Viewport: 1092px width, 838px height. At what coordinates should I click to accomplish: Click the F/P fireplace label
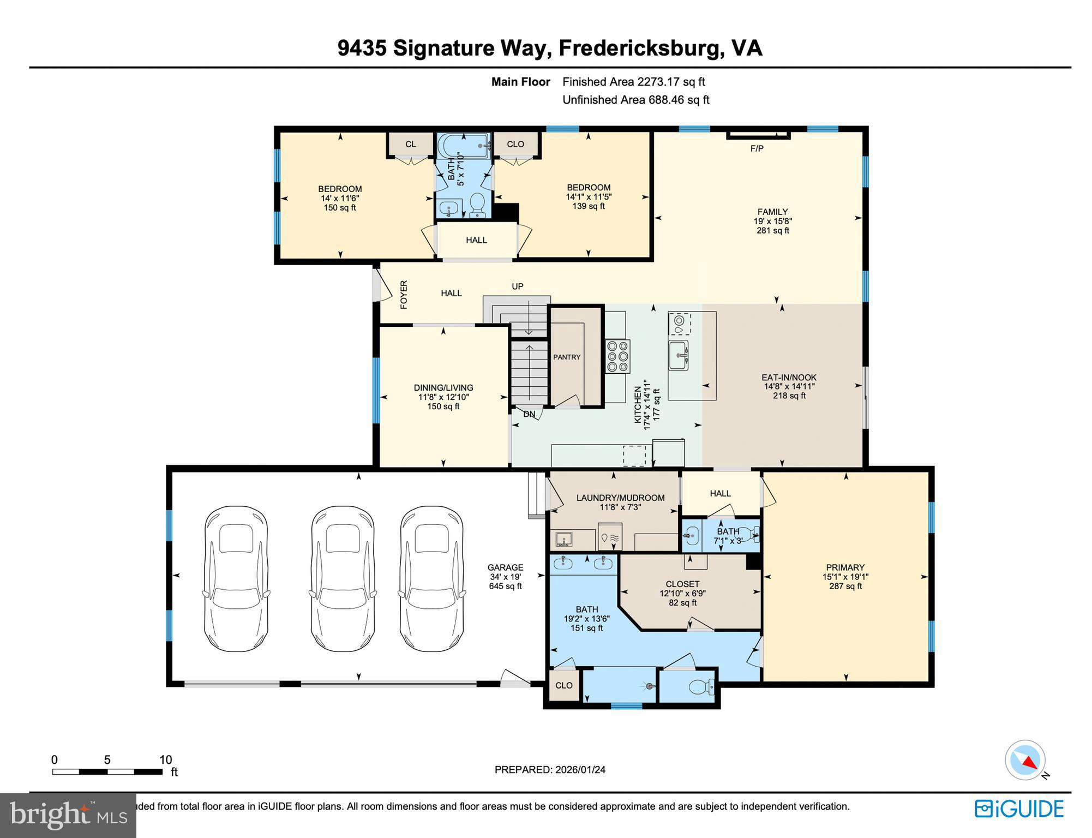757,148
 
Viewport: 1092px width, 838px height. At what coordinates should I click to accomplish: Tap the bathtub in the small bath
463,146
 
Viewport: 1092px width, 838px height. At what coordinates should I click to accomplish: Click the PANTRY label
567,357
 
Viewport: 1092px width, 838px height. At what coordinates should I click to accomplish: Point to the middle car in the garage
343,578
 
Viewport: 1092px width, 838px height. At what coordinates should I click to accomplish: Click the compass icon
1025,760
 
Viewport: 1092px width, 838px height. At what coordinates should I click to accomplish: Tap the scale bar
107,771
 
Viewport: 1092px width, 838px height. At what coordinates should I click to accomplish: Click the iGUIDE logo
1019,808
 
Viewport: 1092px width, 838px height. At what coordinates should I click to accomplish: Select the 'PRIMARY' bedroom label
845,567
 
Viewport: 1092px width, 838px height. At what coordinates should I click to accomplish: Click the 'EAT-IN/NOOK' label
789,377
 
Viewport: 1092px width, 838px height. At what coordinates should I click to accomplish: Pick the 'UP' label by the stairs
517,286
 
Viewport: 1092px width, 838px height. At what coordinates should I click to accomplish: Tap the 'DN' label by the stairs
529,414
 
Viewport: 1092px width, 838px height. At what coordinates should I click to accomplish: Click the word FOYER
404,295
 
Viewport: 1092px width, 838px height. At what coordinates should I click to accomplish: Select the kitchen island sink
679,355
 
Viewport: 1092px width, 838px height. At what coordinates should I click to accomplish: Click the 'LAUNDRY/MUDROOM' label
620,498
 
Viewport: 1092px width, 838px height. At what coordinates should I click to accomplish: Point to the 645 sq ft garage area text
505,586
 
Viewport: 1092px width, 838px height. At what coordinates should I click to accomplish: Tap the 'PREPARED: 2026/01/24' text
549,770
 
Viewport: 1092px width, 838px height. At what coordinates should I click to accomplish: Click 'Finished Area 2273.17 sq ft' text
633,82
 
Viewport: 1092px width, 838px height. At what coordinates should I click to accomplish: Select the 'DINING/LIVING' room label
443,388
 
